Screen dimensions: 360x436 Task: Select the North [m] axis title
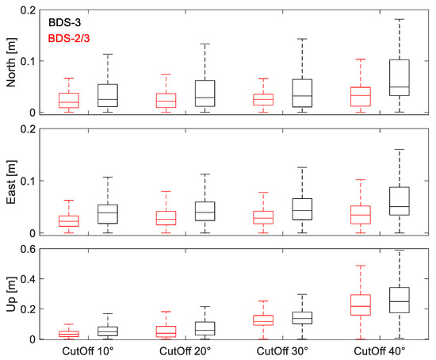point(10,61)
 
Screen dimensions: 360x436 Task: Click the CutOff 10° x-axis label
point(86,351)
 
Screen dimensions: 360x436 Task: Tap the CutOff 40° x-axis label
point(382,351)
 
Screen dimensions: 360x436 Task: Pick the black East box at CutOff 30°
point(302,209)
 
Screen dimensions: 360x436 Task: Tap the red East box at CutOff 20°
point(166,217)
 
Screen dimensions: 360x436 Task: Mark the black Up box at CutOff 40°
point(399,300)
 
